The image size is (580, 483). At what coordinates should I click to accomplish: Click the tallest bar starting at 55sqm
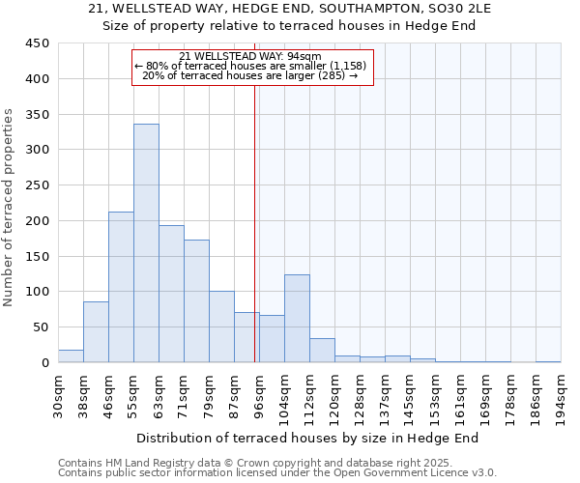click(146, 243)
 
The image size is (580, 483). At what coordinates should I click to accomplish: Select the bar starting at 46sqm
click(121, 287)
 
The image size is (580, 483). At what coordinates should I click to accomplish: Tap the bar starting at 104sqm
click(297, 319)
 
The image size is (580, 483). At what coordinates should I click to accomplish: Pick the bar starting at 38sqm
click(96, 332)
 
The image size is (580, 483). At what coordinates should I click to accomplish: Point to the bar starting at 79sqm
click(221, 327)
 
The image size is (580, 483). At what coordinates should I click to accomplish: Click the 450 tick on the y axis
click(38, 43)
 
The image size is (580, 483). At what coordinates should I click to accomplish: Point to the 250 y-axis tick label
click(38, 185)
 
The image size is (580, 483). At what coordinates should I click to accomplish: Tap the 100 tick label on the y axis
click(38, 292)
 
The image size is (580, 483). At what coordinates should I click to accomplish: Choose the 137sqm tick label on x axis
click(385, 396)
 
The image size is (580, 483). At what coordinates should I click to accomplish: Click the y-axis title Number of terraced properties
click(9, 208)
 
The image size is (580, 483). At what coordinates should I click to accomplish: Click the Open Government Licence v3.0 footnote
click(277, 472)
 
